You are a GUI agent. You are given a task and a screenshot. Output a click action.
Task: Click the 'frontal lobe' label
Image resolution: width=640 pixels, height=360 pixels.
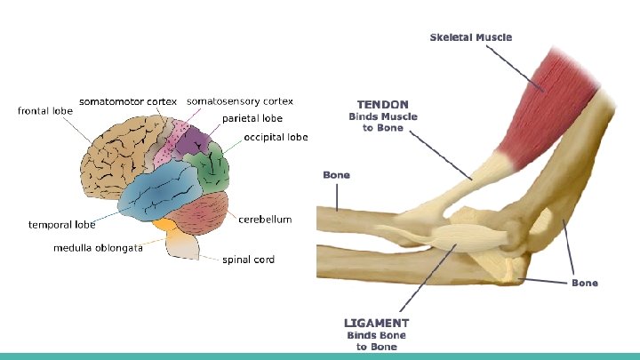pos(44,111)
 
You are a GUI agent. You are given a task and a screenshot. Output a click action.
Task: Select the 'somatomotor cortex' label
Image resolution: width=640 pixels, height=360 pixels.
pos(128,101)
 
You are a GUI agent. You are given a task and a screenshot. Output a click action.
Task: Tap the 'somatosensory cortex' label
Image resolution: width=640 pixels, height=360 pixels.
pos(239,101)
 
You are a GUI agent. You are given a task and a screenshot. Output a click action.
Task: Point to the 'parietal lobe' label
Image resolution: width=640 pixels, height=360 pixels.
pos(252,118)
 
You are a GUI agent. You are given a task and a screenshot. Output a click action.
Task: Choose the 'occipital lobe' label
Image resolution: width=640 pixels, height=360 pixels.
pos(276,138)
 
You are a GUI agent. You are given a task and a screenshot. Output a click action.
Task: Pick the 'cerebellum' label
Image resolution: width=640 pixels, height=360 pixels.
pos(265,220)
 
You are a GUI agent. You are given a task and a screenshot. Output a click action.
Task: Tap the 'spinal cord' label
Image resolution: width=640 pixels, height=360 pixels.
pos(248,260)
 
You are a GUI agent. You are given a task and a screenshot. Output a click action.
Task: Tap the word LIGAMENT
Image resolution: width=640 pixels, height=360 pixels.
pos(376,323)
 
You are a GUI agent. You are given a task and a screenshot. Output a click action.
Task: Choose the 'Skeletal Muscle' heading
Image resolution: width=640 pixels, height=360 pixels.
pos(470,37)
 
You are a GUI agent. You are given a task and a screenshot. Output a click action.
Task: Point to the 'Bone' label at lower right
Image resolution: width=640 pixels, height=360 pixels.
pos(584,283)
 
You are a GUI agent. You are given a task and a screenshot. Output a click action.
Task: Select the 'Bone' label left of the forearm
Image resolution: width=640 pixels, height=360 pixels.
pos(336,175)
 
